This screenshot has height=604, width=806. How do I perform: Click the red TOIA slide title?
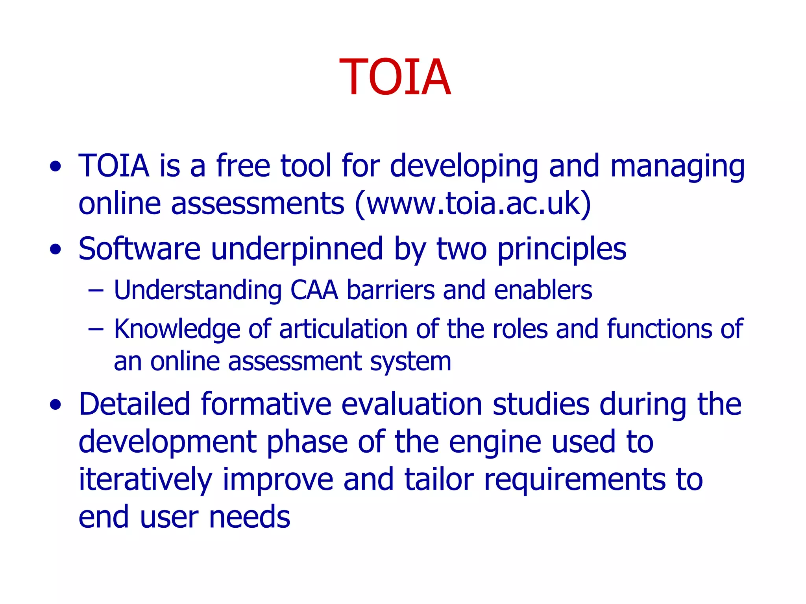(x=395, y=77)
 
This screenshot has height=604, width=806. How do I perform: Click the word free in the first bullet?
(x=243, y=166)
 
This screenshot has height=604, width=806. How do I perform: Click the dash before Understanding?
(x=96, y=291)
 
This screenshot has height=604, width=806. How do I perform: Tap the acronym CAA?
(x=314, y=290)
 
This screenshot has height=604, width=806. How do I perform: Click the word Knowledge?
(x=177, y=330)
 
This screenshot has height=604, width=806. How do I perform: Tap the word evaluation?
(x=411, y=404)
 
